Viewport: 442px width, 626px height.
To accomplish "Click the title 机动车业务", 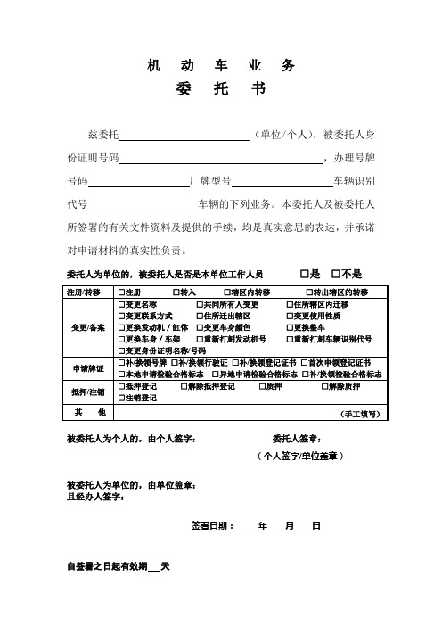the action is pos(220,65).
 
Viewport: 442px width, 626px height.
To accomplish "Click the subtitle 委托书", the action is pos(220,90).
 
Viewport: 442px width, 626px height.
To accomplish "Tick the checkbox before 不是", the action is pos(336,273).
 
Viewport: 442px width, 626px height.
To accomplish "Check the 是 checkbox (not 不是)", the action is pos(305,273).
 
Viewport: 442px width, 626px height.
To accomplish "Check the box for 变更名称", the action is pos(122,305).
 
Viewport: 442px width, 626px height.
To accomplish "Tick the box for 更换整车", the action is pos(289,328).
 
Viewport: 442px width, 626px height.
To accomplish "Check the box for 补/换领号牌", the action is pos(122,363).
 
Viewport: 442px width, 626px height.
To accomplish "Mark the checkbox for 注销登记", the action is pos(122,399).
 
